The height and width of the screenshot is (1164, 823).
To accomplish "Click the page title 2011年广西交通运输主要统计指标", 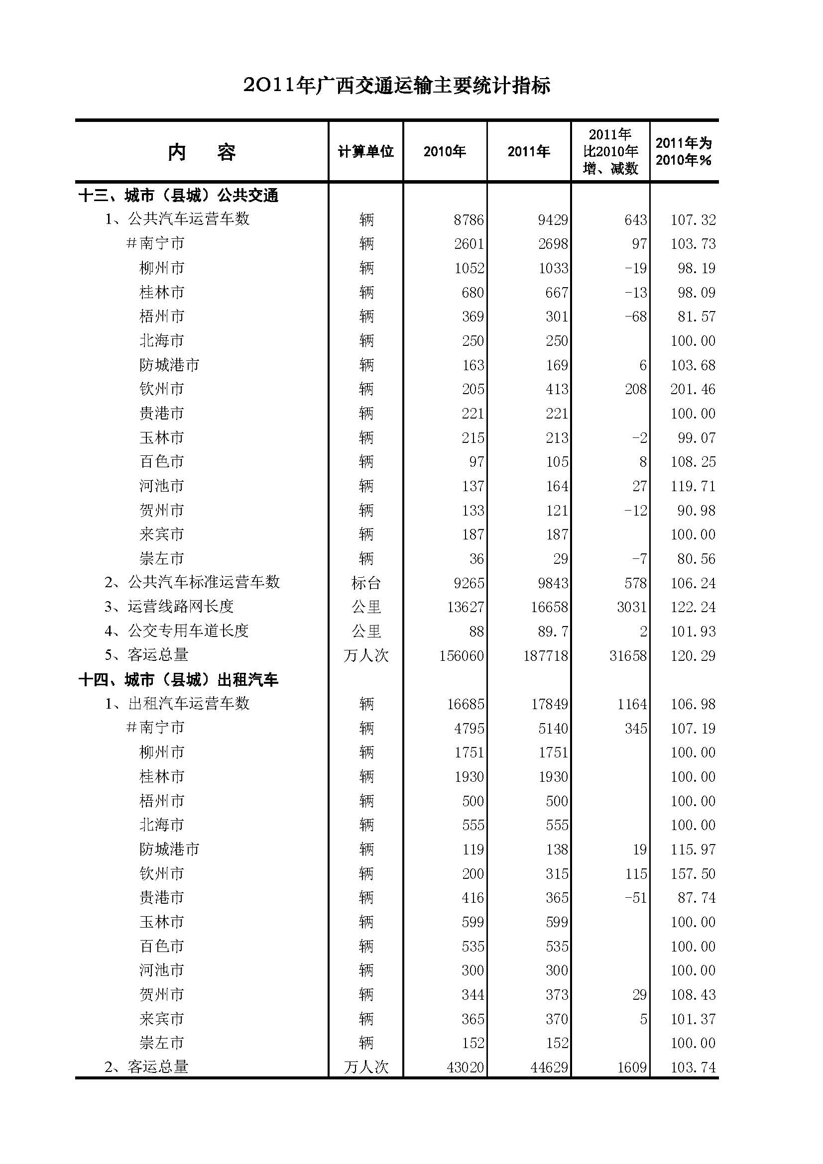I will pos(396,85).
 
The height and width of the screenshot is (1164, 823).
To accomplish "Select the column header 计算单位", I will pos(365,151).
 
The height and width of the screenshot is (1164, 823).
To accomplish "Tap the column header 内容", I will pos(201,152).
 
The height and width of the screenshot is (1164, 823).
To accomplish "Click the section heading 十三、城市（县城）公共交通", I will pos(179,195).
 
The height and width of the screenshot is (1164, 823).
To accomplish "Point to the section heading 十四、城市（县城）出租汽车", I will pos(179,679).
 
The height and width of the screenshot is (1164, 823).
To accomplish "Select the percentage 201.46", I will pos(693,389).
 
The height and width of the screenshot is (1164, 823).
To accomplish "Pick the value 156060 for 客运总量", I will pos(462,655).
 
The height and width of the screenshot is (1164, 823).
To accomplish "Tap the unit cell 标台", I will pos(365,583).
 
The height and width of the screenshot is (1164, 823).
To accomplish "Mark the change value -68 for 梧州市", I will pos(635,317).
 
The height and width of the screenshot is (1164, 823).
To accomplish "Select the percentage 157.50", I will pos(693,873).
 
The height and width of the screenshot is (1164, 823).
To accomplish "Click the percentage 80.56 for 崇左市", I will pos(696,559).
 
